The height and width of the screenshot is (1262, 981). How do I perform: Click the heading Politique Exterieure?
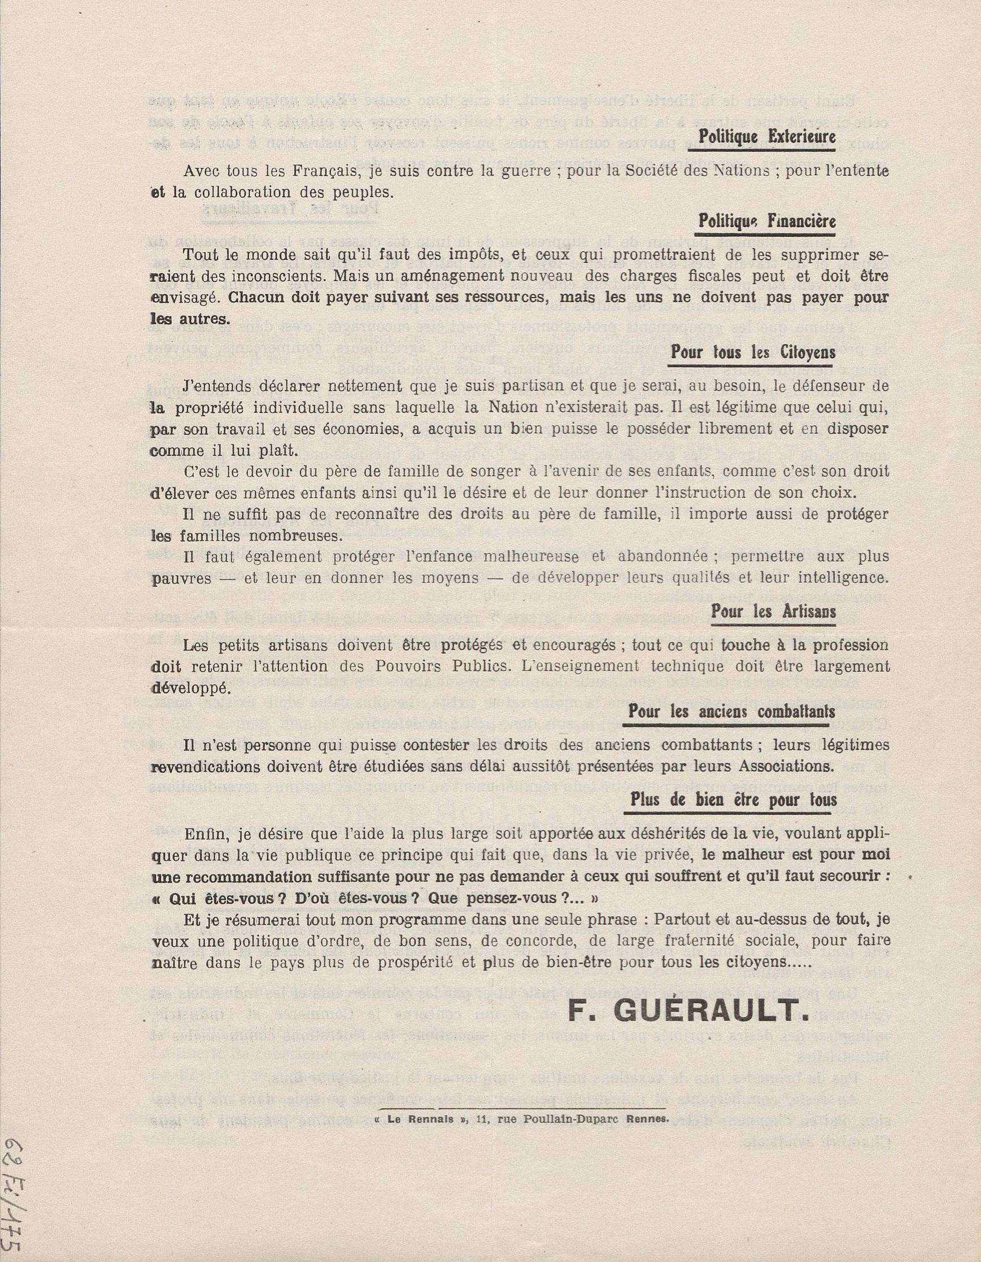[766, 137]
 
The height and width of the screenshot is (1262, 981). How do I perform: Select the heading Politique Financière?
[766, 221]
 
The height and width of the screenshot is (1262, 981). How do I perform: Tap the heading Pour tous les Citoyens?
[753, 352]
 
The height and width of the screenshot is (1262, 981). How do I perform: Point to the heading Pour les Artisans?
[773, 611]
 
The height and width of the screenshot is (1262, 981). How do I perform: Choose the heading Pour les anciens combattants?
[731, 711]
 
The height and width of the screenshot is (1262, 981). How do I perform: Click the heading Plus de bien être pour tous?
[733, 800]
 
